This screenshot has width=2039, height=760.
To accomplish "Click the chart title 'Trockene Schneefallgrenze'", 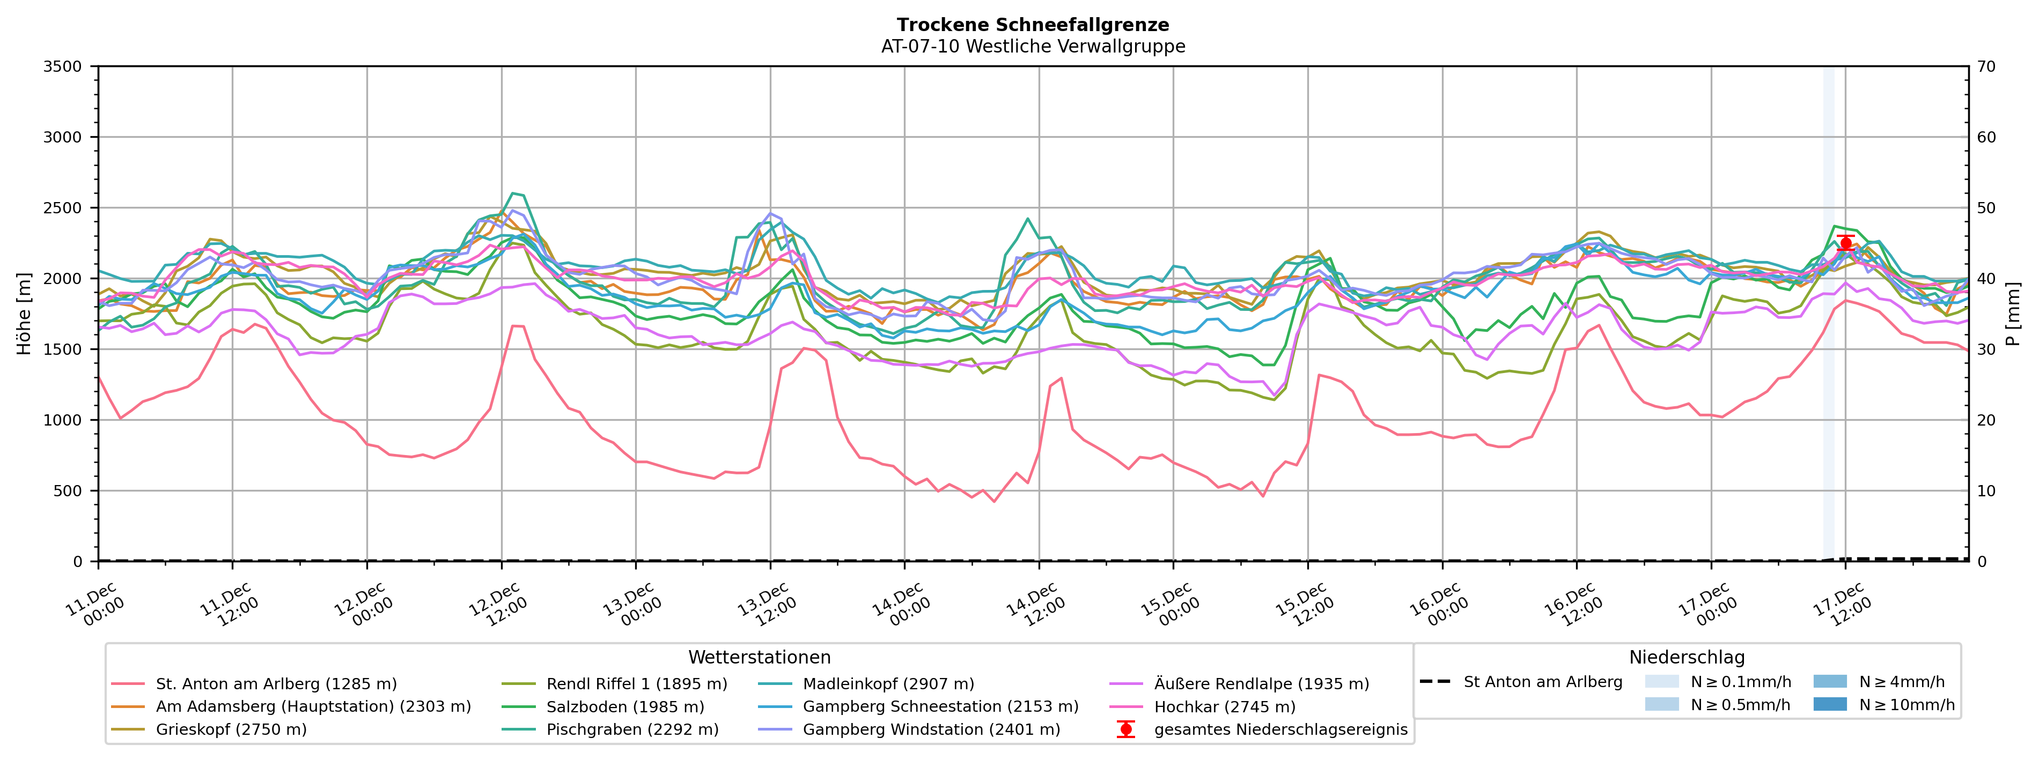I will [1033, 25].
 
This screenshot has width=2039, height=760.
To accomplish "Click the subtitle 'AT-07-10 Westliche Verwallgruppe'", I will [1033, 47].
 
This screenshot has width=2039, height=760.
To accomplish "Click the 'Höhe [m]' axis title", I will [24, 314].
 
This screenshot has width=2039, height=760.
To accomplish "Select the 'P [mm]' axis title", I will [2013, 314].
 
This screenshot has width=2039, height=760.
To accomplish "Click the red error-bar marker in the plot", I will [1845, 243].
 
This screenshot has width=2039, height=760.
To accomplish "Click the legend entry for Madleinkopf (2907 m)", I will [888, 684].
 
